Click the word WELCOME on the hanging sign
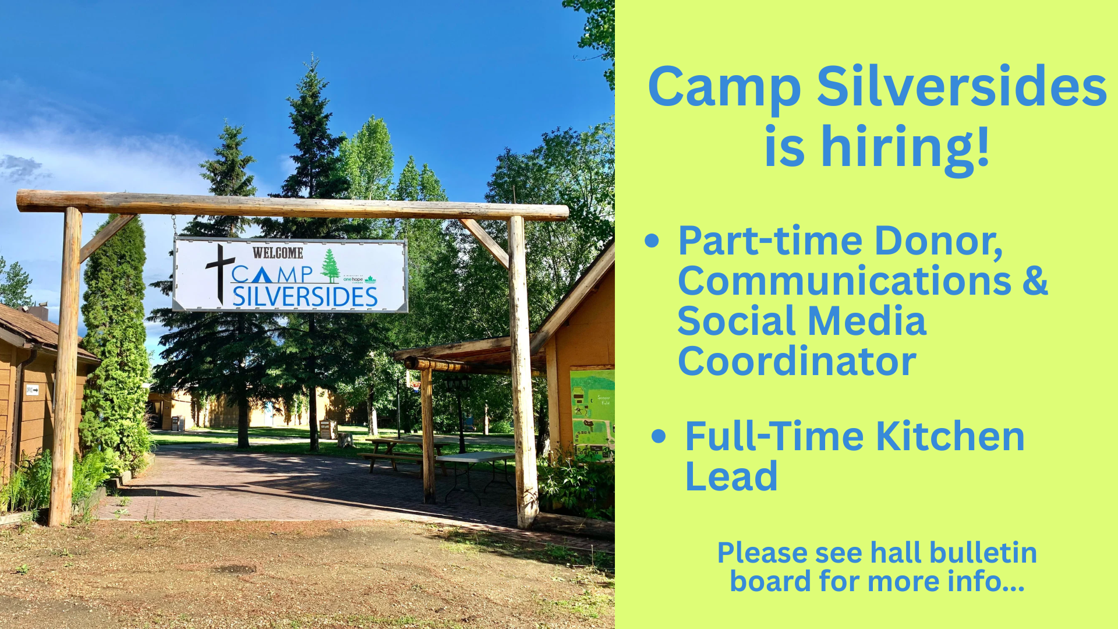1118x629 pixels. tap(278, 253)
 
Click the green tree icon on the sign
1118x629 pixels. tap(330, 266)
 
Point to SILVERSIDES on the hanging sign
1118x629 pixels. tap(305, 296)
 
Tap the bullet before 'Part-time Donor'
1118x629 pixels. tap(652, 241)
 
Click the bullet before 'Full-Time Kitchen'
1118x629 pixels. tap(659, 436)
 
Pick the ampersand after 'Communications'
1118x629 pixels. tap(1035, 281)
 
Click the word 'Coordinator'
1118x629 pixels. tap(797, 361)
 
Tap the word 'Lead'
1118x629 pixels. tap(731, 476)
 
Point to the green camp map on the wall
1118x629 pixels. tap(592, 414)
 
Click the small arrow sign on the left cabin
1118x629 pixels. tap(32, 390)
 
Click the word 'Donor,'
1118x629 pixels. tap(938, 241)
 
